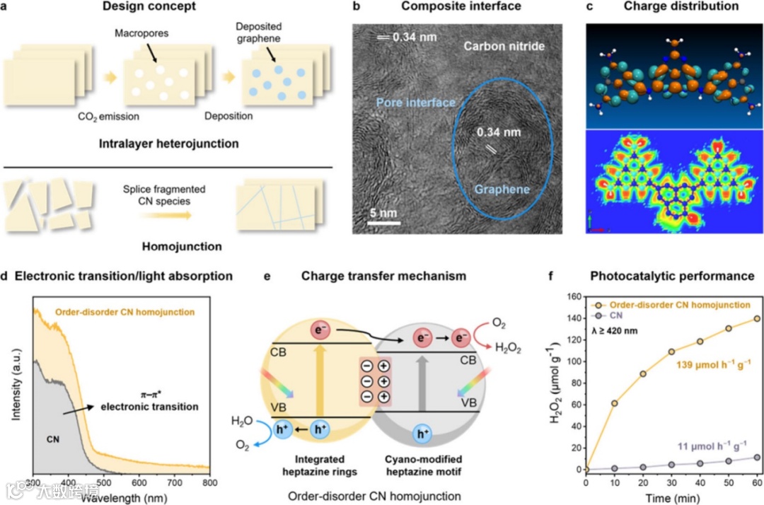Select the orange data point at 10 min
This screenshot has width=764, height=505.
coord(614,403)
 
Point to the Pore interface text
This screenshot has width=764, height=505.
coord(415,103)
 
